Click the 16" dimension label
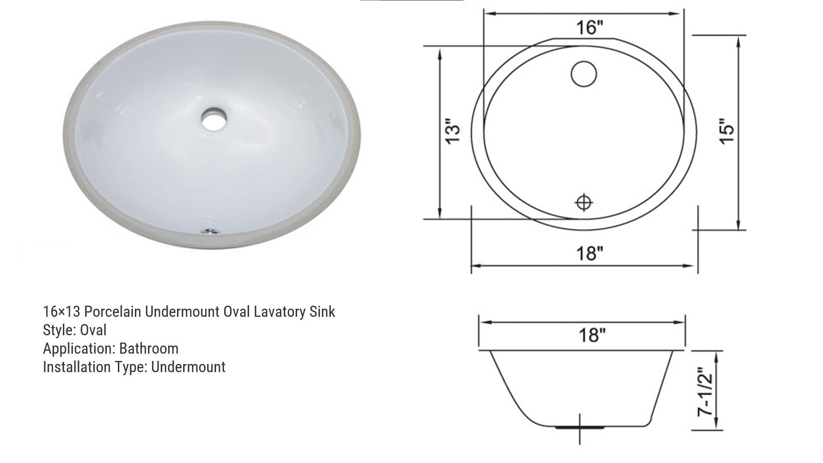click(x=589, y=28)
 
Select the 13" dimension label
click(x=453, y=129)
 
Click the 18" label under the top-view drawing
click(x=589, y=253)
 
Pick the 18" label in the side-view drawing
click(x=592, y=335)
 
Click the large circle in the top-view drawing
click(x=584, y=74)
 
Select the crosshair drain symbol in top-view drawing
click(x=583, y=202)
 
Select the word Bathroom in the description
click(x=149, y=349)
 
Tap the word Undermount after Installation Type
click(x=188, y=367)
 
